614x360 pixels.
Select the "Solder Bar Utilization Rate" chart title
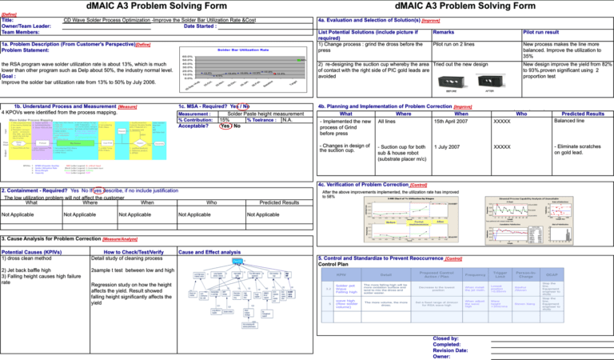[x=238, y=50]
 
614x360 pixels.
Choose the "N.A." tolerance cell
[x=287, y=120]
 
